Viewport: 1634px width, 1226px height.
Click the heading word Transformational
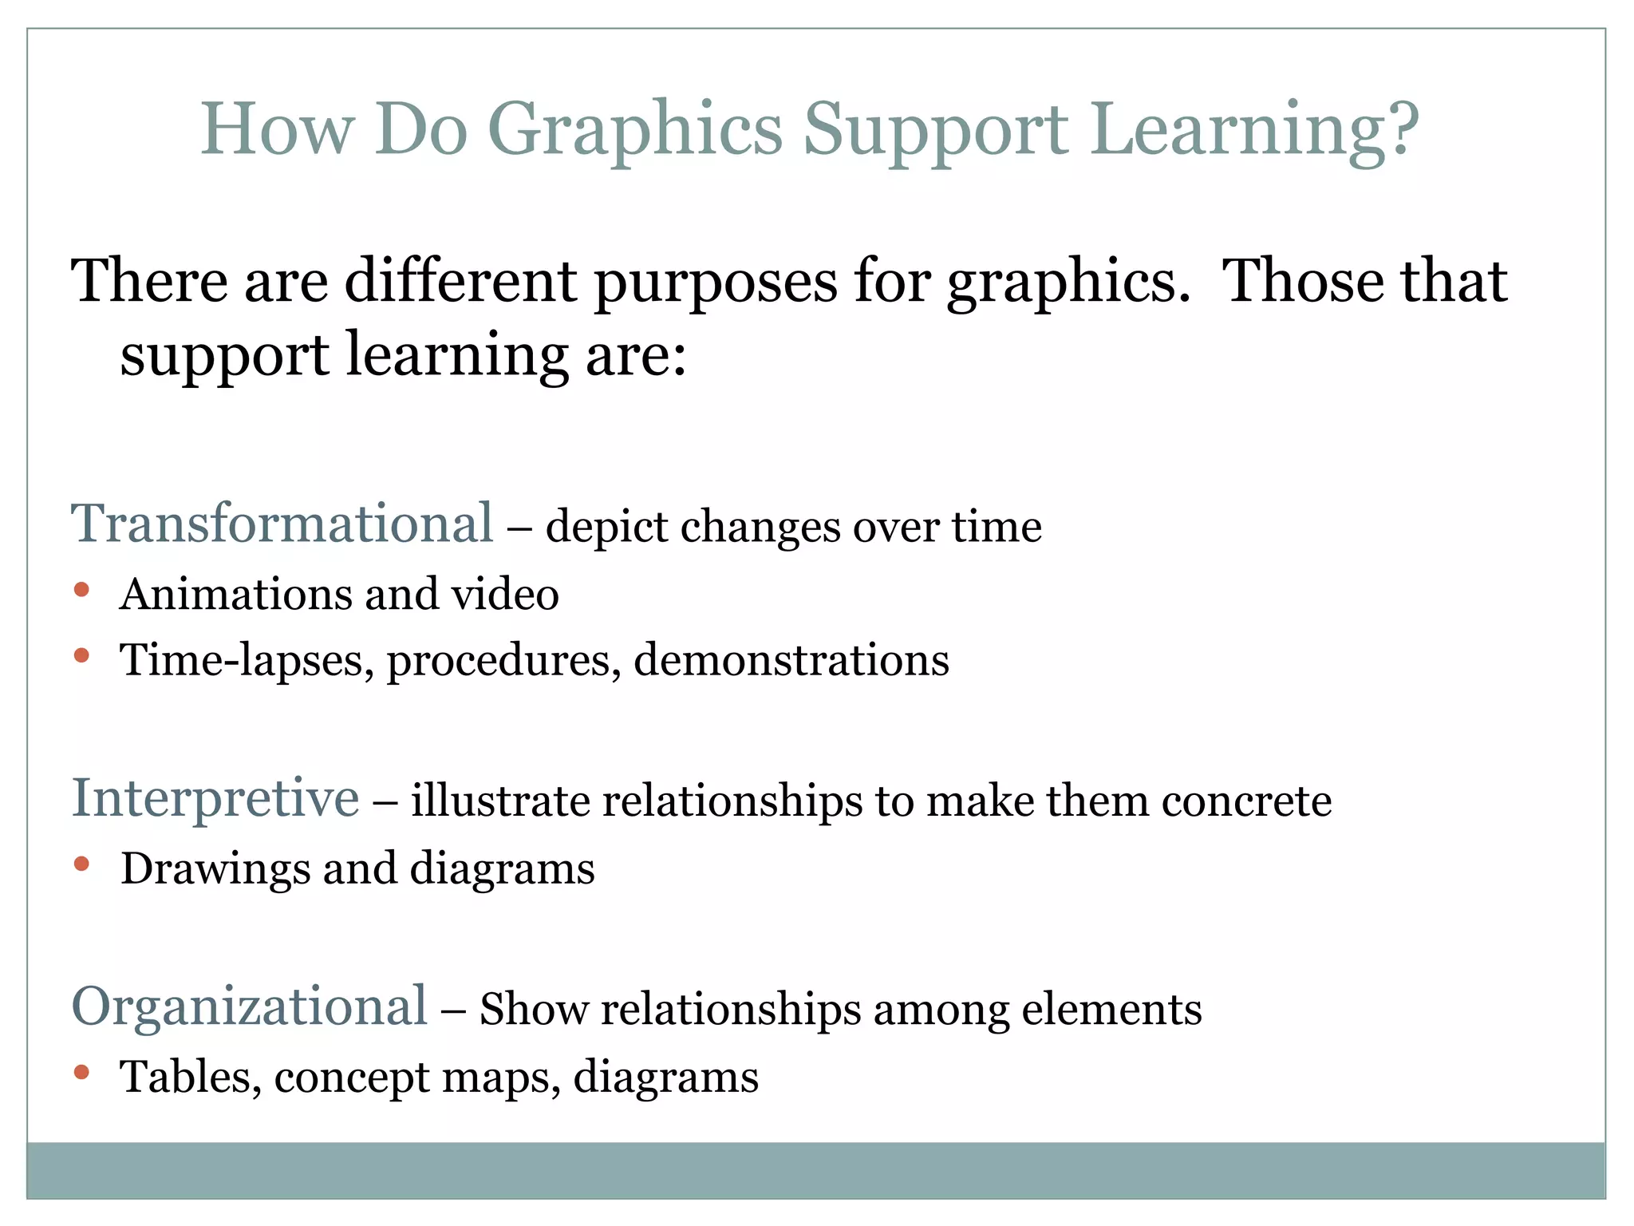(x=282, y=524)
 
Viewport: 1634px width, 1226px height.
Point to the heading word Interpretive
(x=215, y=798)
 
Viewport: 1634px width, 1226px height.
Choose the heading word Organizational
(x=250, y=1007)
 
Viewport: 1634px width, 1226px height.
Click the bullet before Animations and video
(x=81, y=591)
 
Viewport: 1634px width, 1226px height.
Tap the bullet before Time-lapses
(x=81, y=656)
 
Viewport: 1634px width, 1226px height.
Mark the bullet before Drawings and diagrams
(x=81, y=864)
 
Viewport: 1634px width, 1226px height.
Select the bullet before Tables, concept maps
(x=81, y=1072)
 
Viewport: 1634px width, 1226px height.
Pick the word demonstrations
(x=791, y=661)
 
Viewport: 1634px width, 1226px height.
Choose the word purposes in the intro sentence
(x=716, y=283)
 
